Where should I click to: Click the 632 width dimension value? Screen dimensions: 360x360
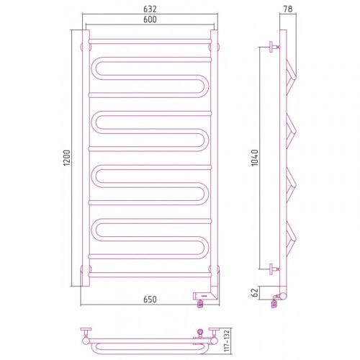pos(150,9)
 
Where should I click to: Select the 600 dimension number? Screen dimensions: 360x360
pos(150,19)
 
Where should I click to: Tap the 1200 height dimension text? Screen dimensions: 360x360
pos(67,158)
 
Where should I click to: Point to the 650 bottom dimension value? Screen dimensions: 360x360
pos(150,300)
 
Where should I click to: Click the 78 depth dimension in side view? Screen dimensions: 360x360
pos(288,9)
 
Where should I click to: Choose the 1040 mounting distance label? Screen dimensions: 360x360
pos(254,158)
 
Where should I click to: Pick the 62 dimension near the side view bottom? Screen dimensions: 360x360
pos(255,292)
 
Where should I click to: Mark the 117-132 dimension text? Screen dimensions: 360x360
pos(227,341)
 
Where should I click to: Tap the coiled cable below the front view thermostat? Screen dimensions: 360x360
pos(200,304)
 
